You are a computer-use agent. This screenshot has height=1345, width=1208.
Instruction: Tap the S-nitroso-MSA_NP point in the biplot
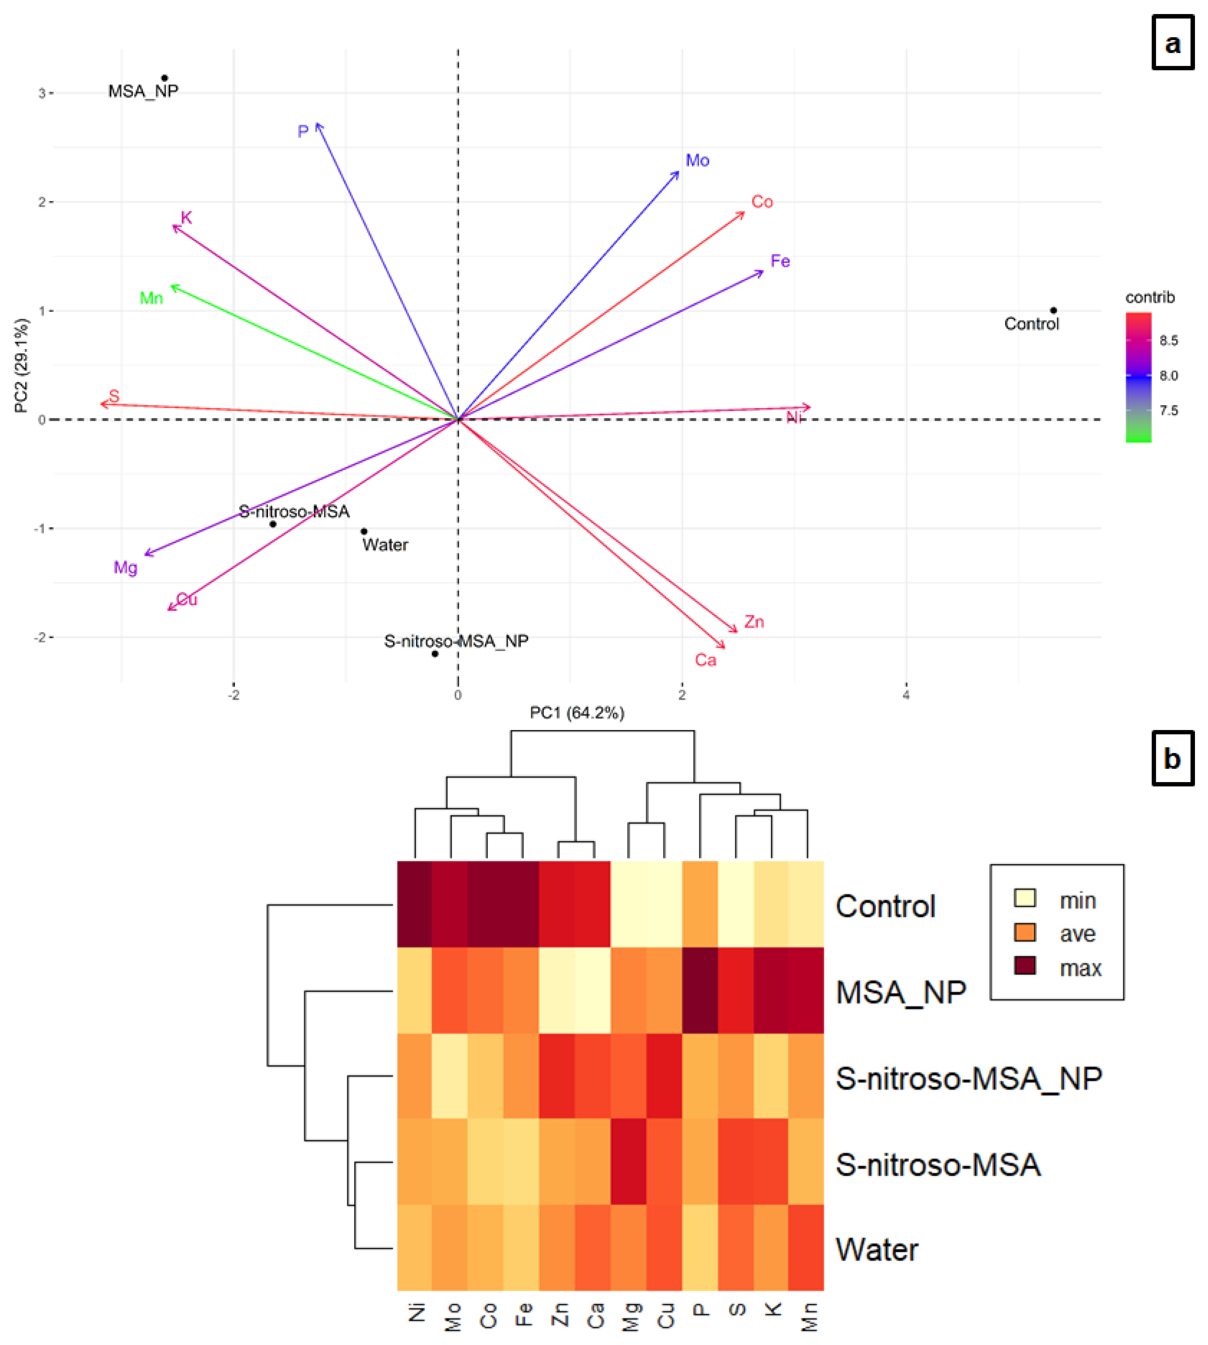point(435,654)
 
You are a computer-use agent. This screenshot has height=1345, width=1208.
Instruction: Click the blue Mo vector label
point(697,161)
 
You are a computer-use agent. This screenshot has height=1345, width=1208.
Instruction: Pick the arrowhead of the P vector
point(318,125)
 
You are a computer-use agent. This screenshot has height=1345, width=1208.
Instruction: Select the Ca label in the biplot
point(705,660)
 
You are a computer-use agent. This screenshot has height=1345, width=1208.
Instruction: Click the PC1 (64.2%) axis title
point(577,713)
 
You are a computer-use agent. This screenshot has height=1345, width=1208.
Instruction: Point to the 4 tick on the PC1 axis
point(906,695)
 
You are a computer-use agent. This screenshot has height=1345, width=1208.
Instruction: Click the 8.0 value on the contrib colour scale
point(1169,376)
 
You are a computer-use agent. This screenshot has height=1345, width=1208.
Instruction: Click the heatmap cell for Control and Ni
point(415,904)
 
